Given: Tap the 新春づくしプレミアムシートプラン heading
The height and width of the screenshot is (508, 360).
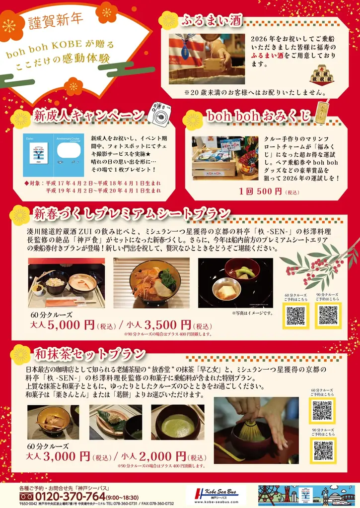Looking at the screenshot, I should (132, 214).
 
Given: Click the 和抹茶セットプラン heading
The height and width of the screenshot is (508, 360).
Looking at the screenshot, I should (89, 354).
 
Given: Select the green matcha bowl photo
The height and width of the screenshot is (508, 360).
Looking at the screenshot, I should (177, 422).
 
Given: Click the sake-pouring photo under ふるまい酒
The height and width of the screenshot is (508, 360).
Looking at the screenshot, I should (207, 59).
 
